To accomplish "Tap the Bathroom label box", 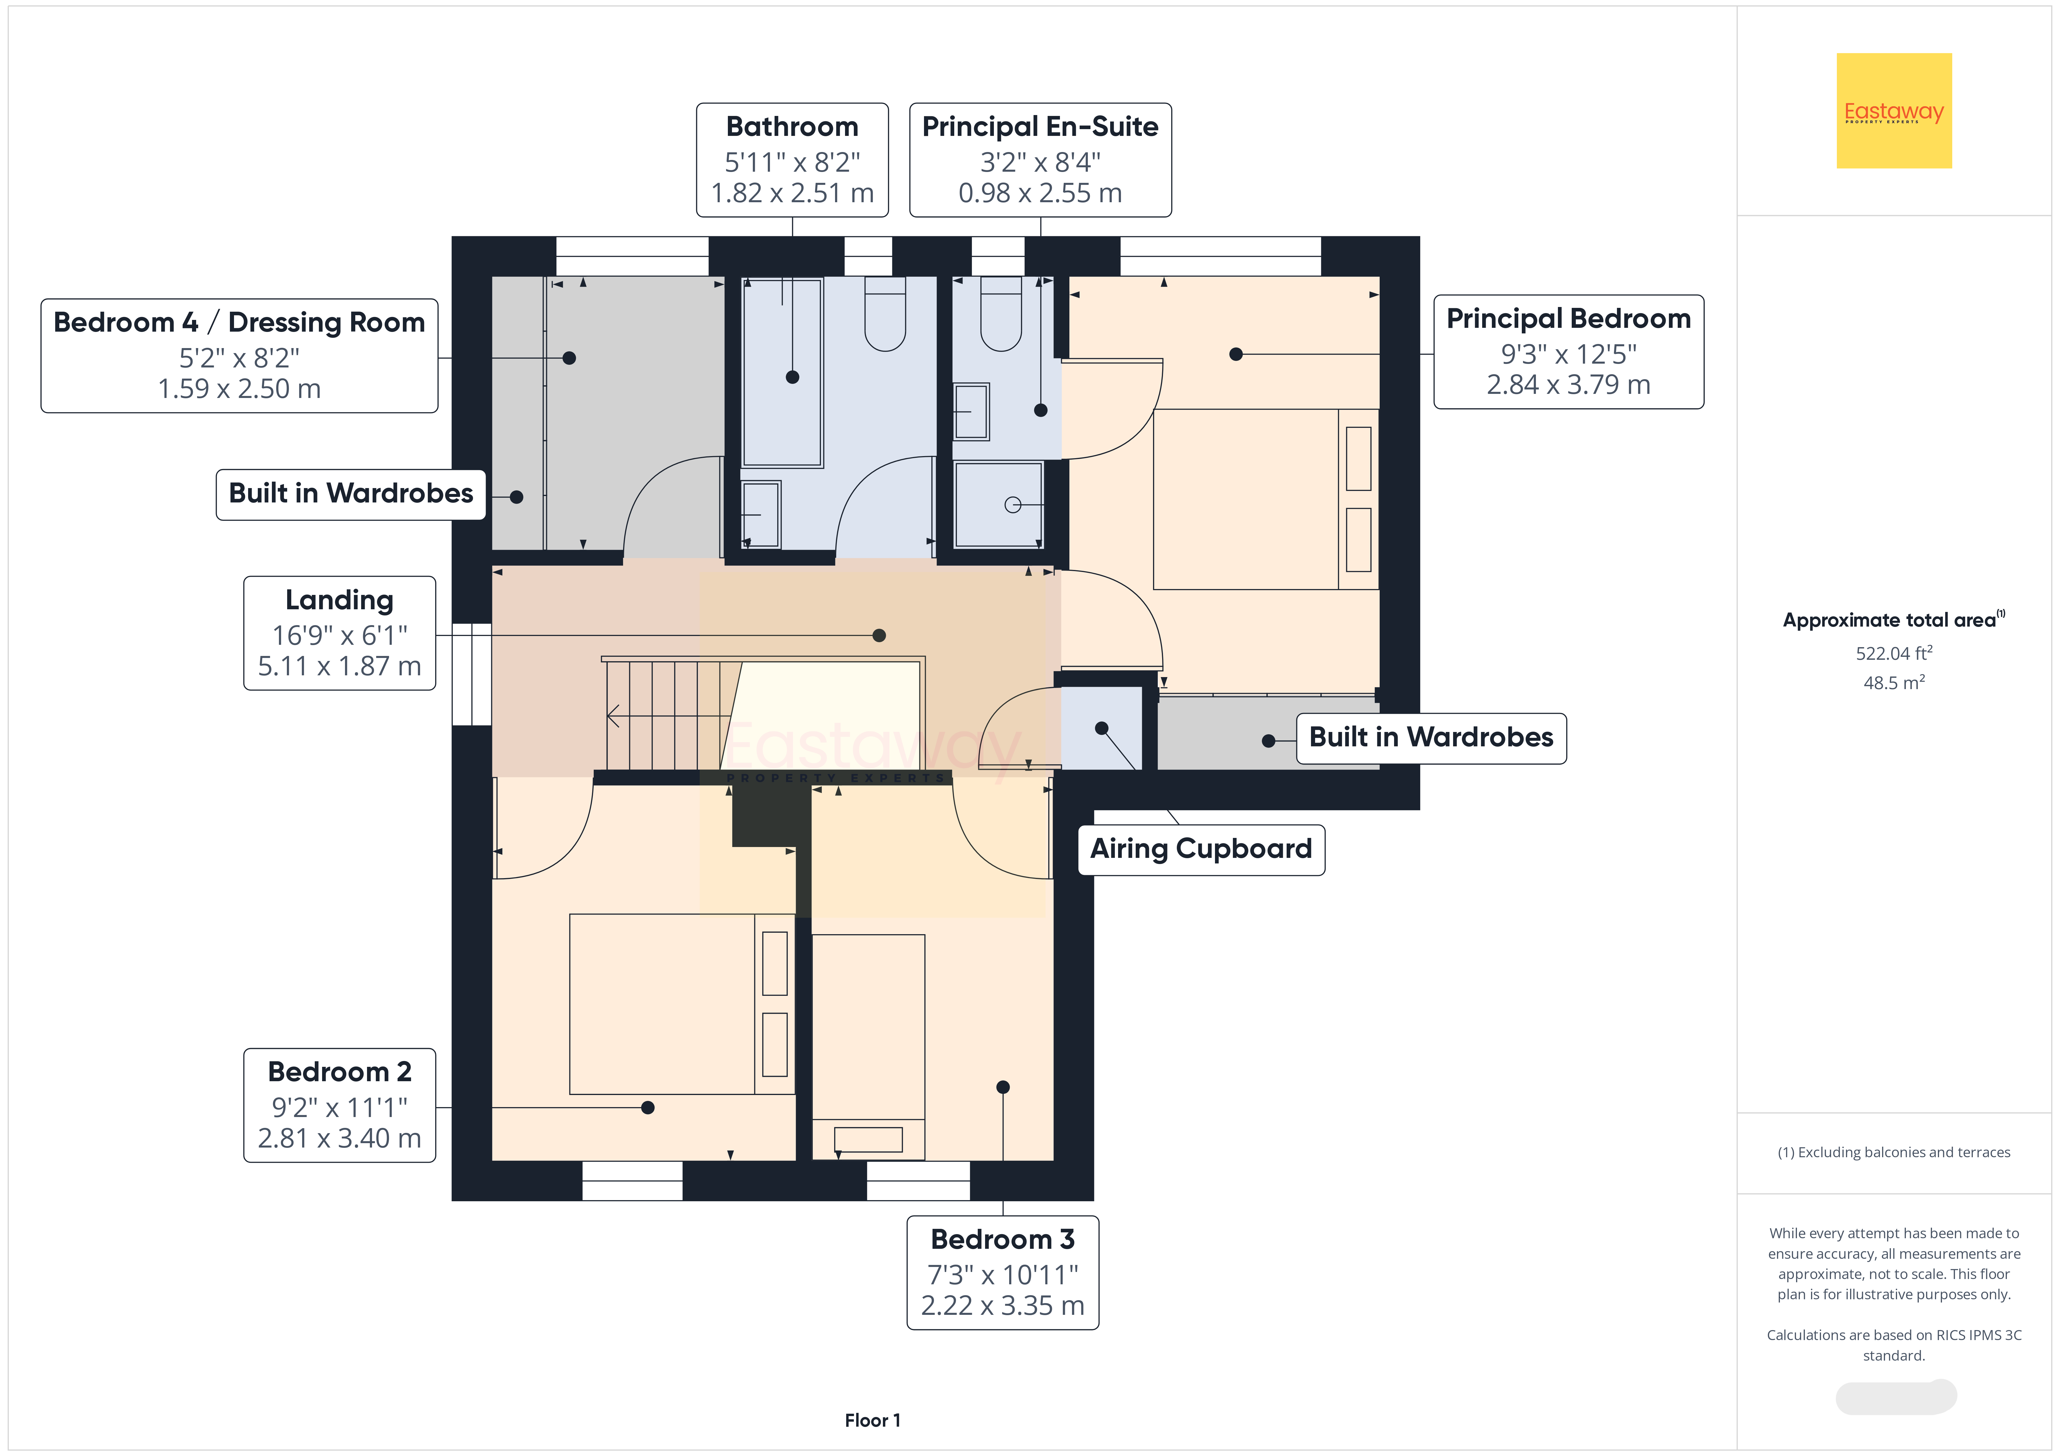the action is tap(792, 160).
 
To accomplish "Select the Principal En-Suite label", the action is tap(1040, 160).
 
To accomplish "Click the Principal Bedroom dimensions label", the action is tap(1568, 352).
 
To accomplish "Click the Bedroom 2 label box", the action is tap(339, 1105).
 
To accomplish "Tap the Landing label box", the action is tap(339, 632).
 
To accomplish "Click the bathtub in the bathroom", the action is tap(782, 372).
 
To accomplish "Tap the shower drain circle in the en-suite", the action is tap(1013, 505).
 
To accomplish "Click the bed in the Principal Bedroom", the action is tap(1265, 499).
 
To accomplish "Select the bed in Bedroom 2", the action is tap(682, 1004).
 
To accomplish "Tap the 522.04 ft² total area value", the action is tap(1894, 653).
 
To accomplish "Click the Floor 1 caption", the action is tap(872, 1420).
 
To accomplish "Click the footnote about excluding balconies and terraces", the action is tap(1894, 1152).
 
